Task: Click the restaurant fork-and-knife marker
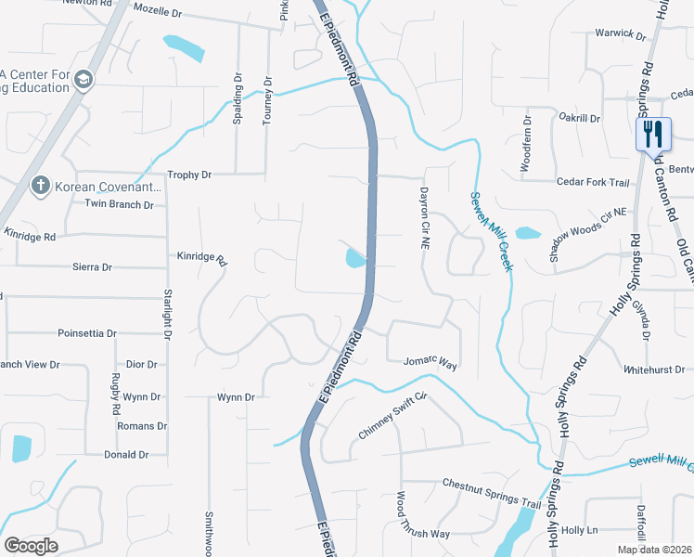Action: pyautogui.click(x=654, y=134)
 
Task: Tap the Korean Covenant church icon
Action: pyautogui.click(x=40, y=186)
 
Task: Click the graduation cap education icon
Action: pyautogui.click(x=84, y=80)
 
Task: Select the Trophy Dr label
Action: pyautogui.click(x=189, y=175)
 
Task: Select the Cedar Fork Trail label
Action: pyautogui.click(x=592, y=182)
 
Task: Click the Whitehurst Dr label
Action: pyautogui.click(x=653, y=369)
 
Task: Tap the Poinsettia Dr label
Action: pyautogui.click(x=87, y=332)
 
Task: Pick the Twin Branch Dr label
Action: pyautogui.click(x=119, y=204)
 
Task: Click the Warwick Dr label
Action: pyautogui.click(x=620, y=34)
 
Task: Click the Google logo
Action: pyautogui.click(x=31, y=546)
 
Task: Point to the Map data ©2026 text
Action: pyautogui.click(x=654, y=550)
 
